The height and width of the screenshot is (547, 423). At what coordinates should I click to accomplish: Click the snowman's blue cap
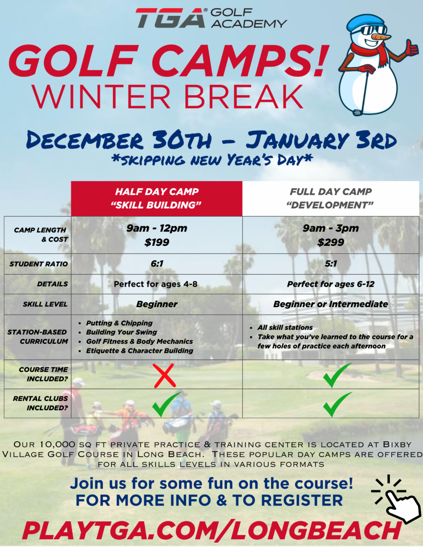click(x=366, y=22)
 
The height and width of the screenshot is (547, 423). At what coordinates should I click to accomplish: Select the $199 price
click(x=157, y=242)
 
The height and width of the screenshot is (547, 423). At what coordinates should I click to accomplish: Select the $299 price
click(x=331, y=242)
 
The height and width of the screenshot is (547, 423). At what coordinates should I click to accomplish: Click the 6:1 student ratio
click(x=157, y=263)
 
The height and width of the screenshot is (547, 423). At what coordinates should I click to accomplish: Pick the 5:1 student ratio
click(x=331, y=263)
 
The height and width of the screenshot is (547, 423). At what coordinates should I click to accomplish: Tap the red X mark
click(x=165, y=375)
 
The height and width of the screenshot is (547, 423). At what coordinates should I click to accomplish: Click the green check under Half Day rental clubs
click(x=166, y=404)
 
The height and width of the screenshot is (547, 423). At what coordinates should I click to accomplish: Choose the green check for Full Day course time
click(x=337, y=375)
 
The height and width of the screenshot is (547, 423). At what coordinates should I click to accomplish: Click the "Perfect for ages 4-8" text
click(x=155, y=284)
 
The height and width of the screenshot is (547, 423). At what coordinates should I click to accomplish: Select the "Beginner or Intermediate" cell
click(x=331, y=304)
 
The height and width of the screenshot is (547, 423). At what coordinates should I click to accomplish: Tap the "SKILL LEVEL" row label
click(x=45, y=304)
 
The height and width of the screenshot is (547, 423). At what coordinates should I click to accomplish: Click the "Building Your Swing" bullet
click(x=121, y=332)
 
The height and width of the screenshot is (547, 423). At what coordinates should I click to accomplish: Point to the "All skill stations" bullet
click(x=285, y=328)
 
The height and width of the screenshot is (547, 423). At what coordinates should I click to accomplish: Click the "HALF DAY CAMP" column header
click(x=157, y=192)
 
